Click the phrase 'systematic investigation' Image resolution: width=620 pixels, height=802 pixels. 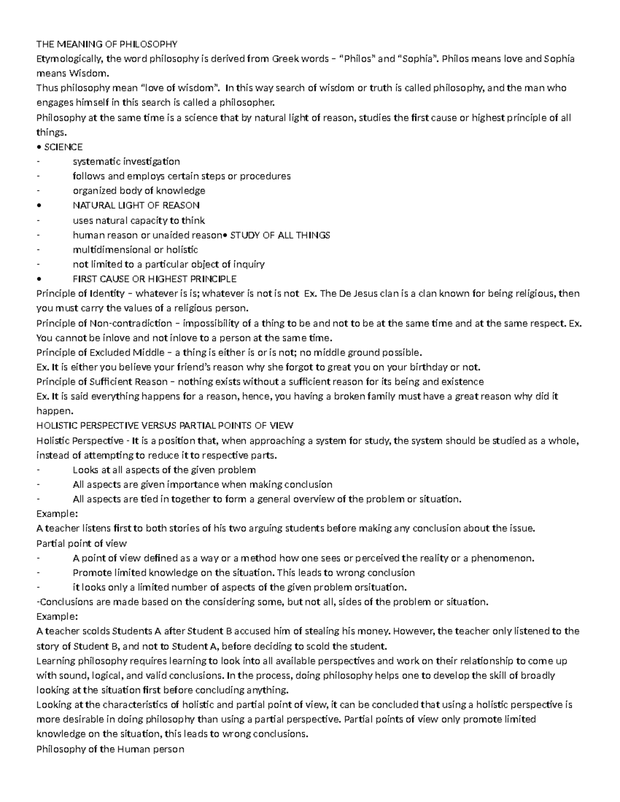[x=126, y=162]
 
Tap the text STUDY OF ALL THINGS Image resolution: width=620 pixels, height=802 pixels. [x=280, y=235]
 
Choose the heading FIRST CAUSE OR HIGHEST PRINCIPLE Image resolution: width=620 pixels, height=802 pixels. [x=154, y=279]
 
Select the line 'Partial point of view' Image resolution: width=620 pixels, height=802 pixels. [x=82, y=543]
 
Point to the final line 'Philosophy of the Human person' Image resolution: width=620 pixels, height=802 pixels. [x=110, y=748]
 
